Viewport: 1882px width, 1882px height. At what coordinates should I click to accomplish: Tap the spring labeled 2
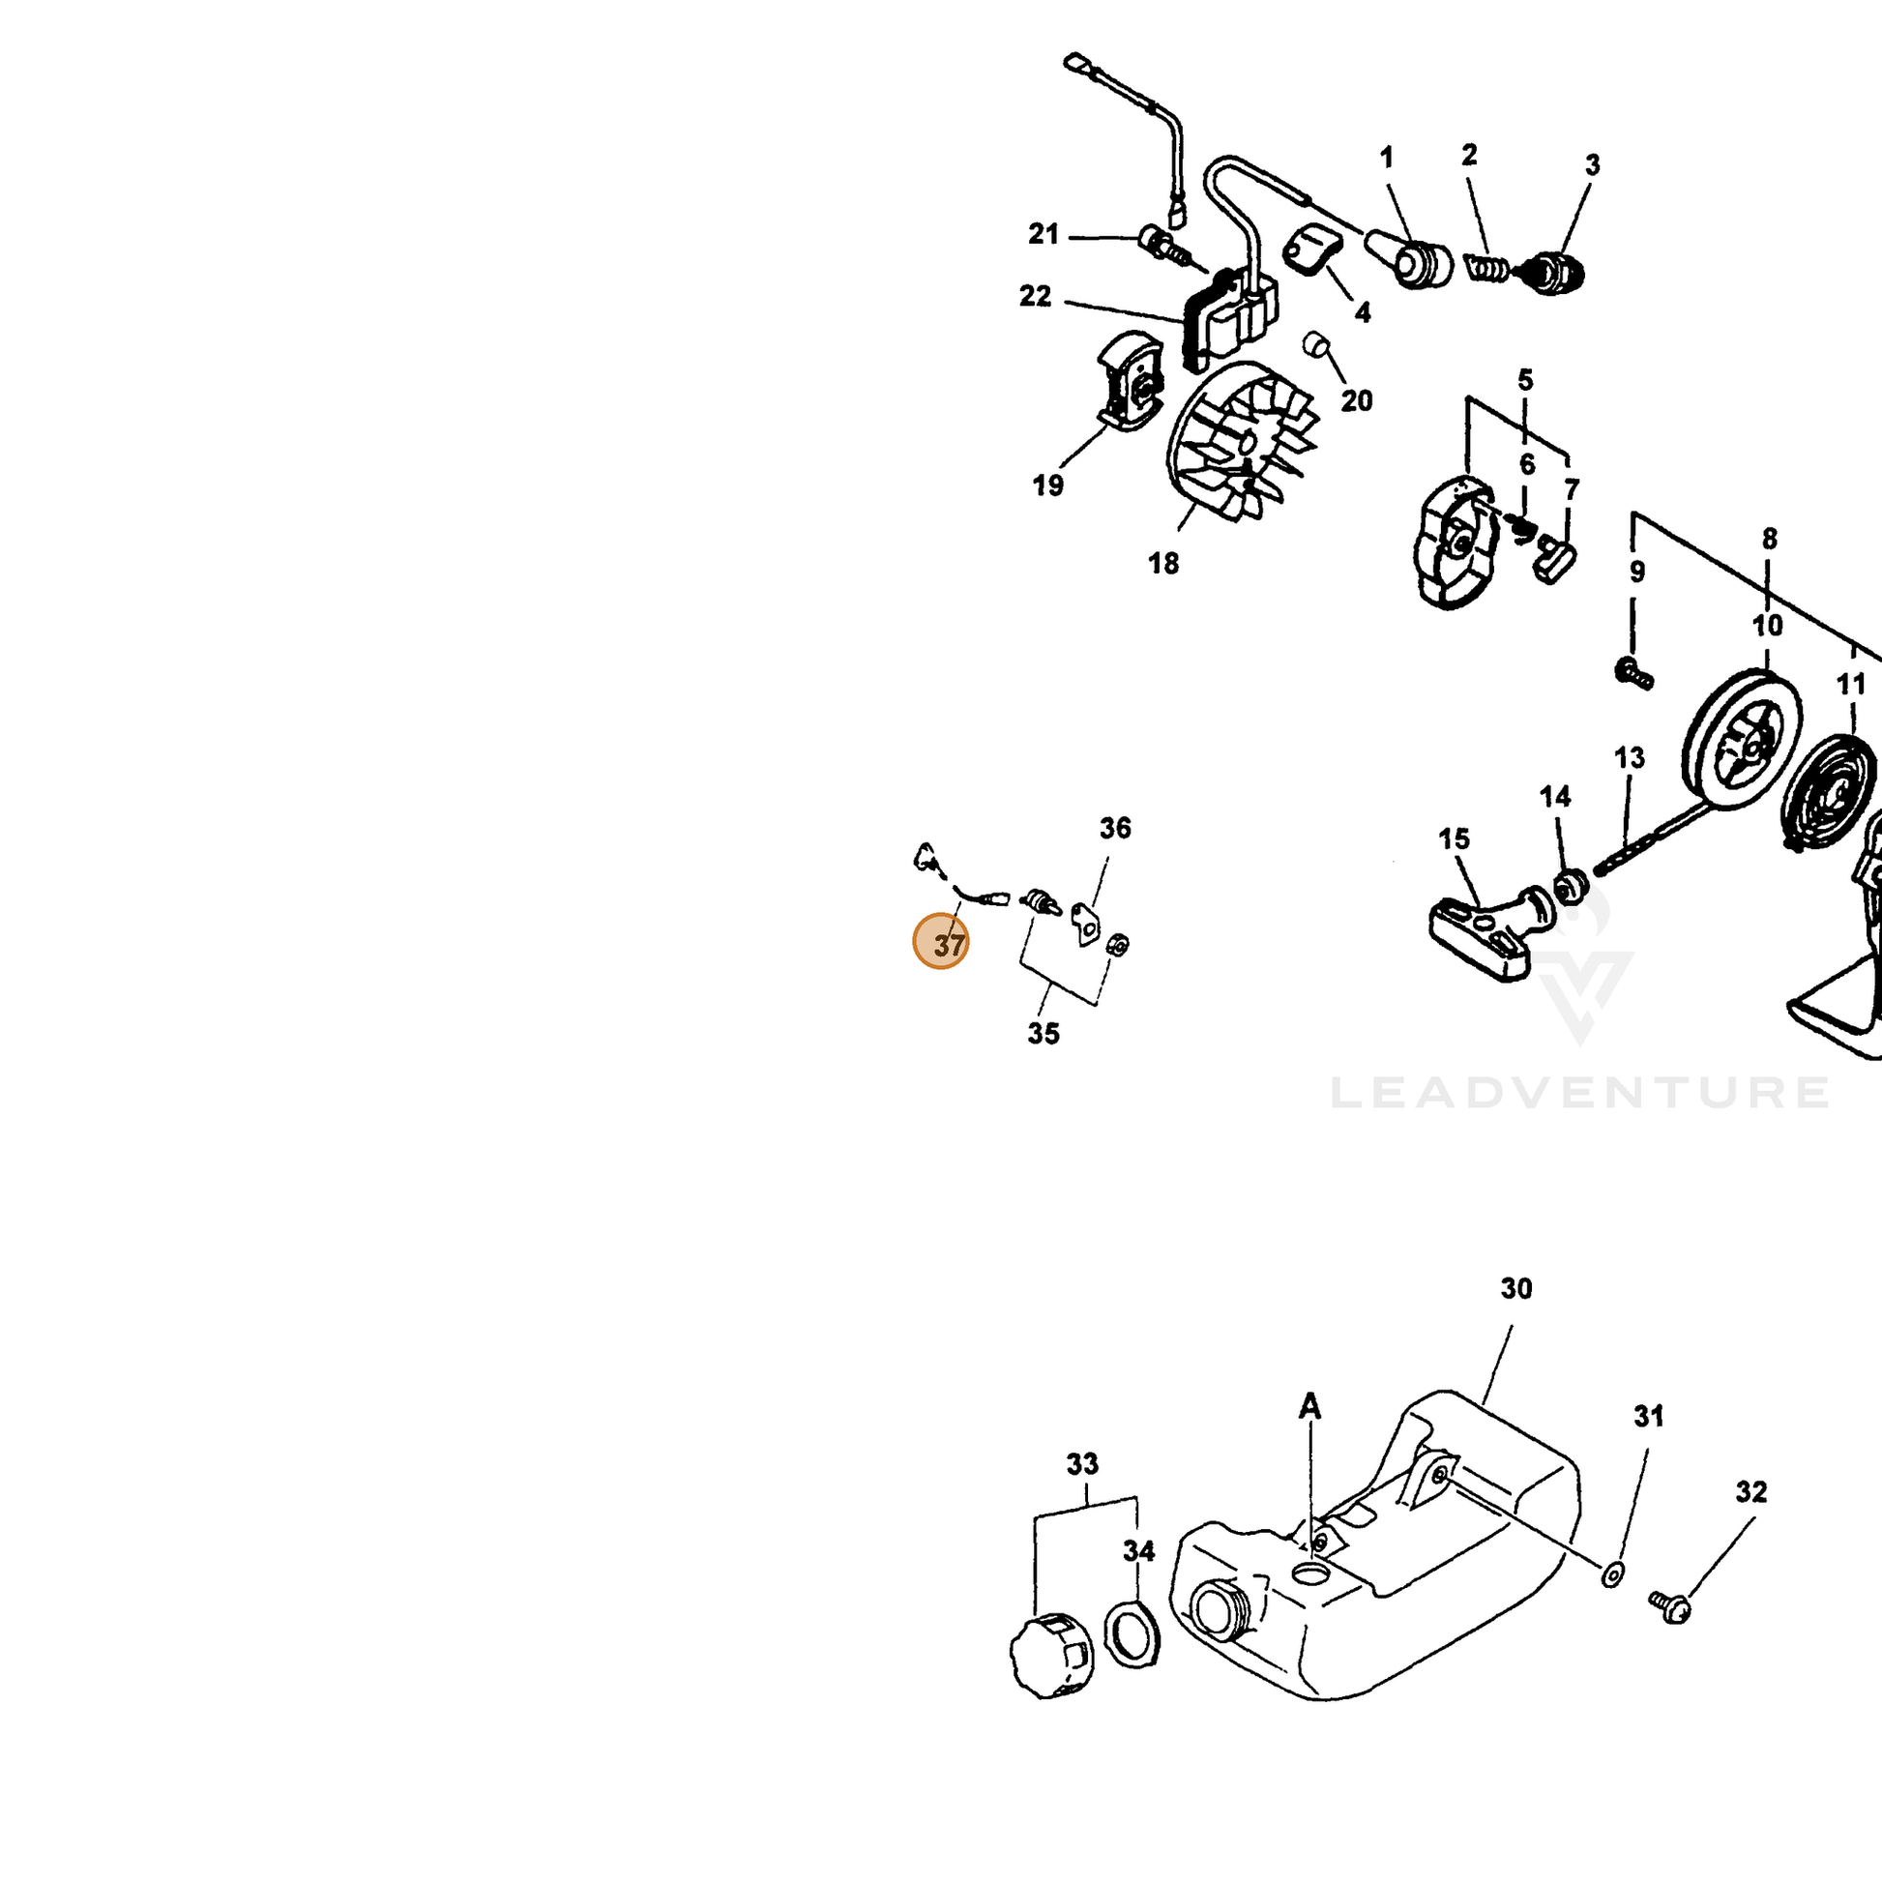1488,267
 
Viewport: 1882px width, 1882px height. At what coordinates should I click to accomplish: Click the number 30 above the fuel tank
1515,1289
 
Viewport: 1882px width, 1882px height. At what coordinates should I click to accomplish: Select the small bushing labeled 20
1316,344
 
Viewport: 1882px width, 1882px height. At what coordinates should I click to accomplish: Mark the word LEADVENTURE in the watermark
1579,1092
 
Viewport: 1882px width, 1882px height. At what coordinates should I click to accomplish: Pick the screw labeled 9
1633,672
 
